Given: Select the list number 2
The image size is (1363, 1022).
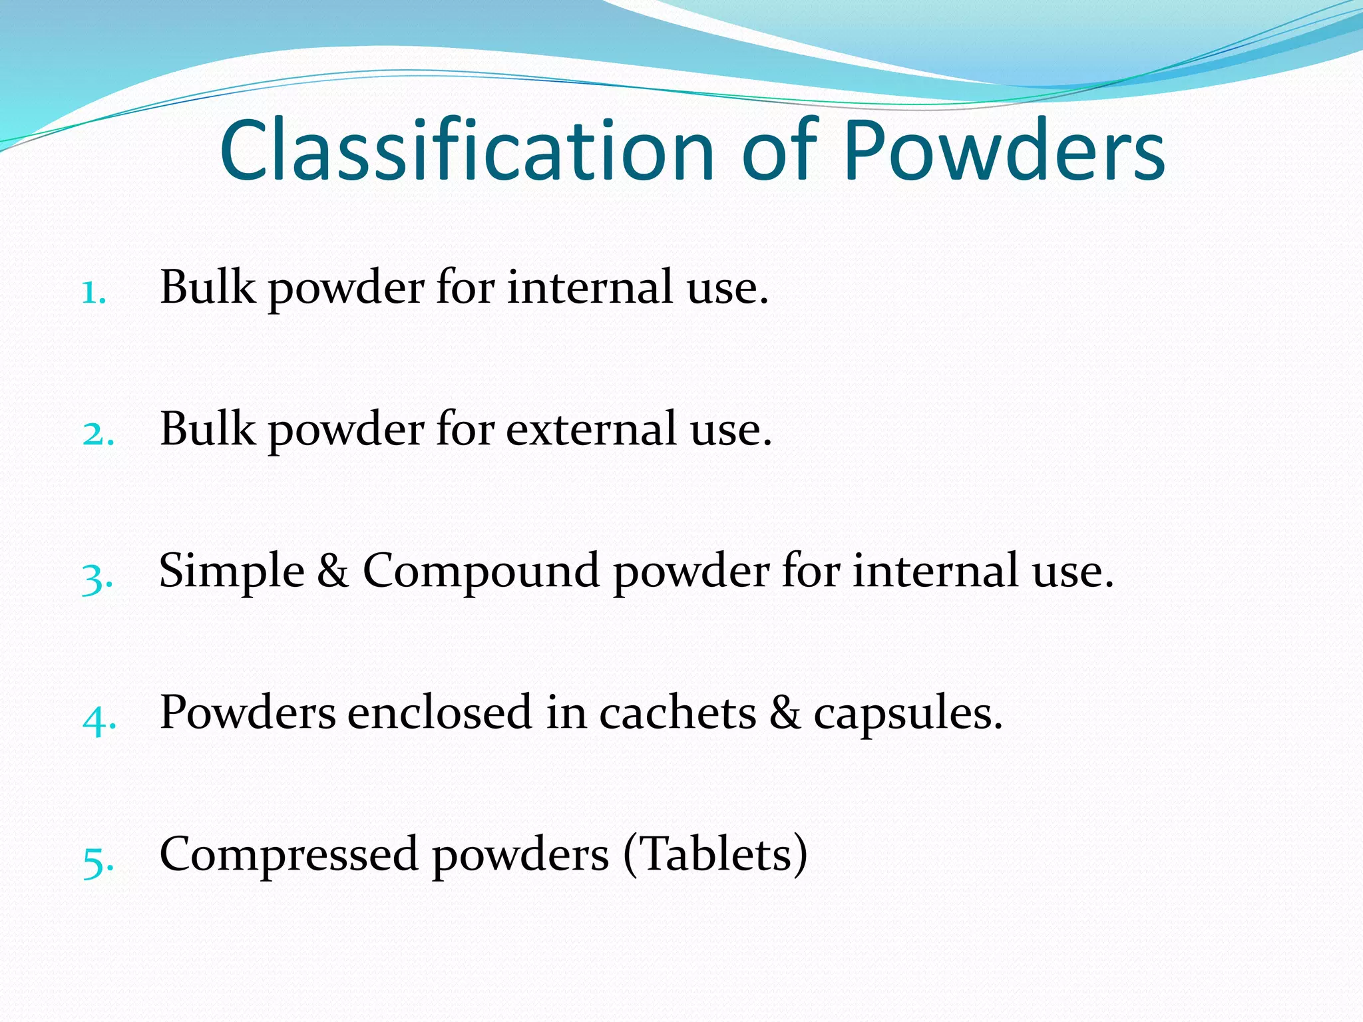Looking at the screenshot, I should (x=97, y=434).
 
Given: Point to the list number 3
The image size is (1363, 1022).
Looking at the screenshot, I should (x=97, y=578).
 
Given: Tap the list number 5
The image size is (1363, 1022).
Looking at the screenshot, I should (x=97, y=862).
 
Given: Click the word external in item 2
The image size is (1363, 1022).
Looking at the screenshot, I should (x=591, y=429).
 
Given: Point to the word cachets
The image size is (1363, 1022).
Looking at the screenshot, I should (x=678, y=713).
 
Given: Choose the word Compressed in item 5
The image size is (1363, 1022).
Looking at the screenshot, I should (x=289, y=856).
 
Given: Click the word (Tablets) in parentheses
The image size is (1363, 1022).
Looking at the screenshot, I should (x=715, y=854).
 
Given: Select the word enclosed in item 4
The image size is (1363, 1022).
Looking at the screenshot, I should (x=440, y=713).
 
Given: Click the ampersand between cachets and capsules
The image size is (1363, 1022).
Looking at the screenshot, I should (x=785, y=713).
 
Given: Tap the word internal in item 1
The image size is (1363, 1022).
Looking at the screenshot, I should (x=590, y=287).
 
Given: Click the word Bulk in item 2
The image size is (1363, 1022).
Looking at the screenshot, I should (x=207, y=429).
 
